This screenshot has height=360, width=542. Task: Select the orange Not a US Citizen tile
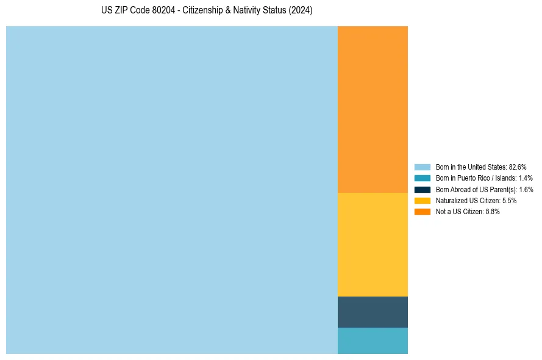click(373, 109)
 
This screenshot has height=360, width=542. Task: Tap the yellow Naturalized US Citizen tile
click(373, 244)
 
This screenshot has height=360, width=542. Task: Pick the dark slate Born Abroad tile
click(373, 312)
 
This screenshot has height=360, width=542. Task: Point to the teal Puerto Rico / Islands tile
click(373, 340)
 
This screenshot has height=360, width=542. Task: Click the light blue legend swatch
click(423, 167)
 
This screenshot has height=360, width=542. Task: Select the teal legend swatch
click(423, 178)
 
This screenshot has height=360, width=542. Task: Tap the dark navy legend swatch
click(423, 189)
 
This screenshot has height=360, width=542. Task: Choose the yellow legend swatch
click(423, 200)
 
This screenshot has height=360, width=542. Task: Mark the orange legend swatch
click(423, 212)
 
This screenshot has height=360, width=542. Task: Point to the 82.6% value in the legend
click(518, 167)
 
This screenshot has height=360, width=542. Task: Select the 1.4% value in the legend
click(526, 178)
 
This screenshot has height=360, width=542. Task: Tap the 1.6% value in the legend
click(526, 189)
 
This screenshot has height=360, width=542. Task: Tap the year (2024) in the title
click(301, 11)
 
